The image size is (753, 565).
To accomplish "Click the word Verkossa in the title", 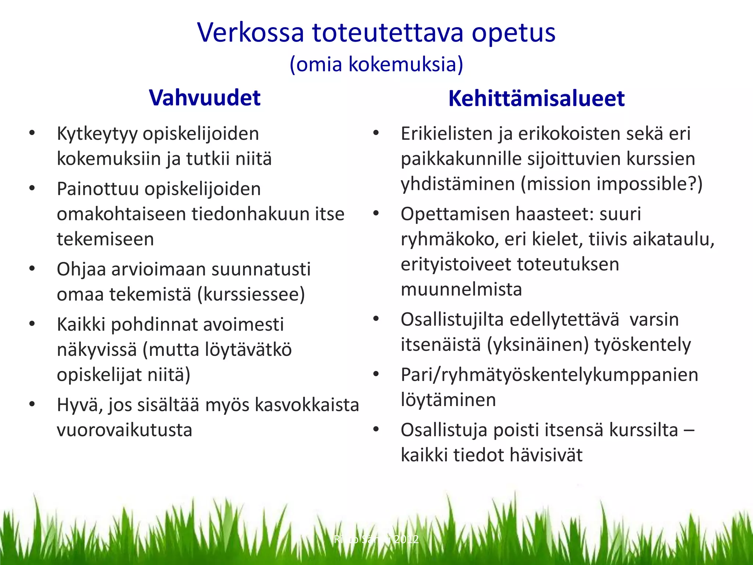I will (x=250, y=32).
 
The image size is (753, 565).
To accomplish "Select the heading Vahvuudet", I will (x=205, y=98).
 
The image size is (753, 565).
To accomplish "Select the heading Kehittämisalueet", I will (x=536, y=99).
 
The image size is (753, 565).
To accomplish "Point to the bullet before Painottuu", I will (x=32, y=188).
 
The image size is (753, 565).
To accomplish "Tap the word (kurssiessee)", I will (x=251, y=294).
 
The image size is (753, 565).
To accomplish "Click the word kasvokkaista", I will (x=307, y=405).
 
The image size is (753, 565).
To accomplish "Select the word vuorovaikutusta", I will (x=124, y=430).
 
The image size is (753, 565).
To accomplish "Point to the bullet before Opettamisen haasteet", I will (x=376, y=213).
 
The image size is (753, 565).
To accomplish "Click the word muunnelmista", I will (x=461, y=289).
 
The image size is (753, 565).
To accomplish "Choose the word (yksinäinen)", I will (x=538, y=345).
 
